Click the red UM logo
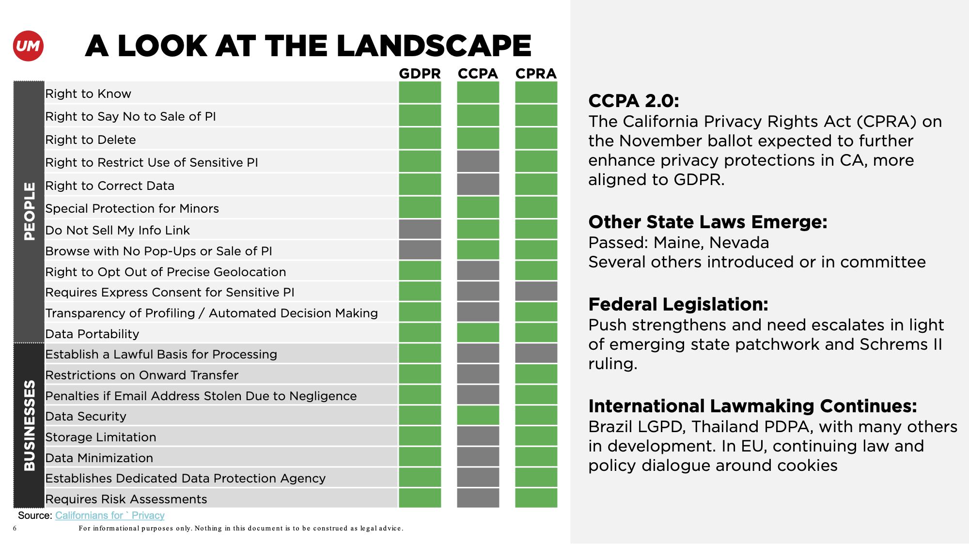(28, 46)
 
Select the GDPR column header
(420, 74)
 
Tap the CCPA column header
(478, 74)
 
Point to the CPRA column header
(536, 74)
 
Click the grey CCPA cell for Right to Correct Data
(478, 185)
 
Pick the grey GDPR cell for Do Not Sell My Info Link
(420, 229)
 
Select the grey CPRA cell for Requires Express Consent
(536, 291)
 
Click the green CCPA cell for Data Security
(478, 416)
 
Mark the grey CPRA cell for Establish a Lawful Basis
(536, 354)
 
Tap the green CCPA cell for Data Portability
(478, 333)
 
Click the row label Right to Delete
(91, 140)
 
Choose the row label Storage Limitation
(101, 437)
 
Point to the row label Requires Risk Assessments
(126, 499)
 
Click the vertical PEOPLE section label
(29, 211)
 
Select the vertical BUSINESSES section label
(29, 425)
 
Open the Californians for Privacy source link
(109, 515)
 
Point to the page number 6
(15, 529)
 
